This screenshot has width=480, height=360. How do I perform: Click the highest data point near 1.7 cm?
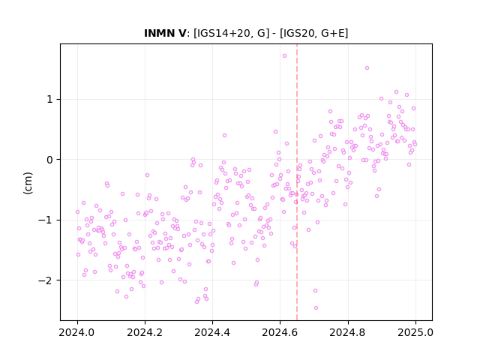(x=284, y=56)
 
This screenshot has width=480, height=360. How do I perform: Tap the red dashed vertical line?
(x=297, y=182)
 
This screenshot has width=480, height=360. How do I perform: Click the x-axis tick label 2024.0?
(x=77, y=332)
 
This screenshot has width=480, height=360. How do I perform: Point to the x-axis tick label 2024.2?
(x=145, y=332)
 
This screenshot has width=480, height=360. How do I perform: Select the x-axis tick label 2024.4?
(x=212, y=332)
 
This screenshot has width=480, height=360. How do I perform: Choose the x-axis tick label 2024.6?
(x=280, y=332)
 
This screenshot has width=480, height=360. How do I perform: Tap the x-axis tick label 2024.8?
(x=348, y=332)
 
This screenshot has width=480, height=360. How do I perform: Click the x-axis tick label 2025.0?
(x=415, y=332)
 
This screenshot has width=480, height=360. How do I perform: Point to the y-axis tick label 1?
(x=50, y=99)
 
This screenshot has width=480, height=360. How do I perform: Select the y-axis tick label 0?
(x=49, y=160)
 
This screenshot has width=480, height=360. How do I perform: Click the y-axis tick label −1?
(x=46, y=220)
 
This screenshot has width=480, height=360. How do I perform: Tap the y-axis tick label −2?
(x=46, y=280)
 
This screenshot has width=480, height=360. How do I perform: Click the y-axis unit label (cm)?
(x=28, y=183)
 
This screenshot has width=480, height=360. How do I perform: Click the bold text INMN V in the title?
(x=165, y=33)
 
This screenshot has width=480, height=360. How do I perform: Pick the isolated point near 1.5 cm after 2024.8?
(x=367, y=68)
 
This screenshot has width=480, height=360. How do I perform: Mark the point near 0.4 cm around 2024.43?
(x=224, y=135)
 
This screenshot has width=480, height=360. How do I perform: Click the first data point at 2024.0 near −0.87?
(x=77, y=211)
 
